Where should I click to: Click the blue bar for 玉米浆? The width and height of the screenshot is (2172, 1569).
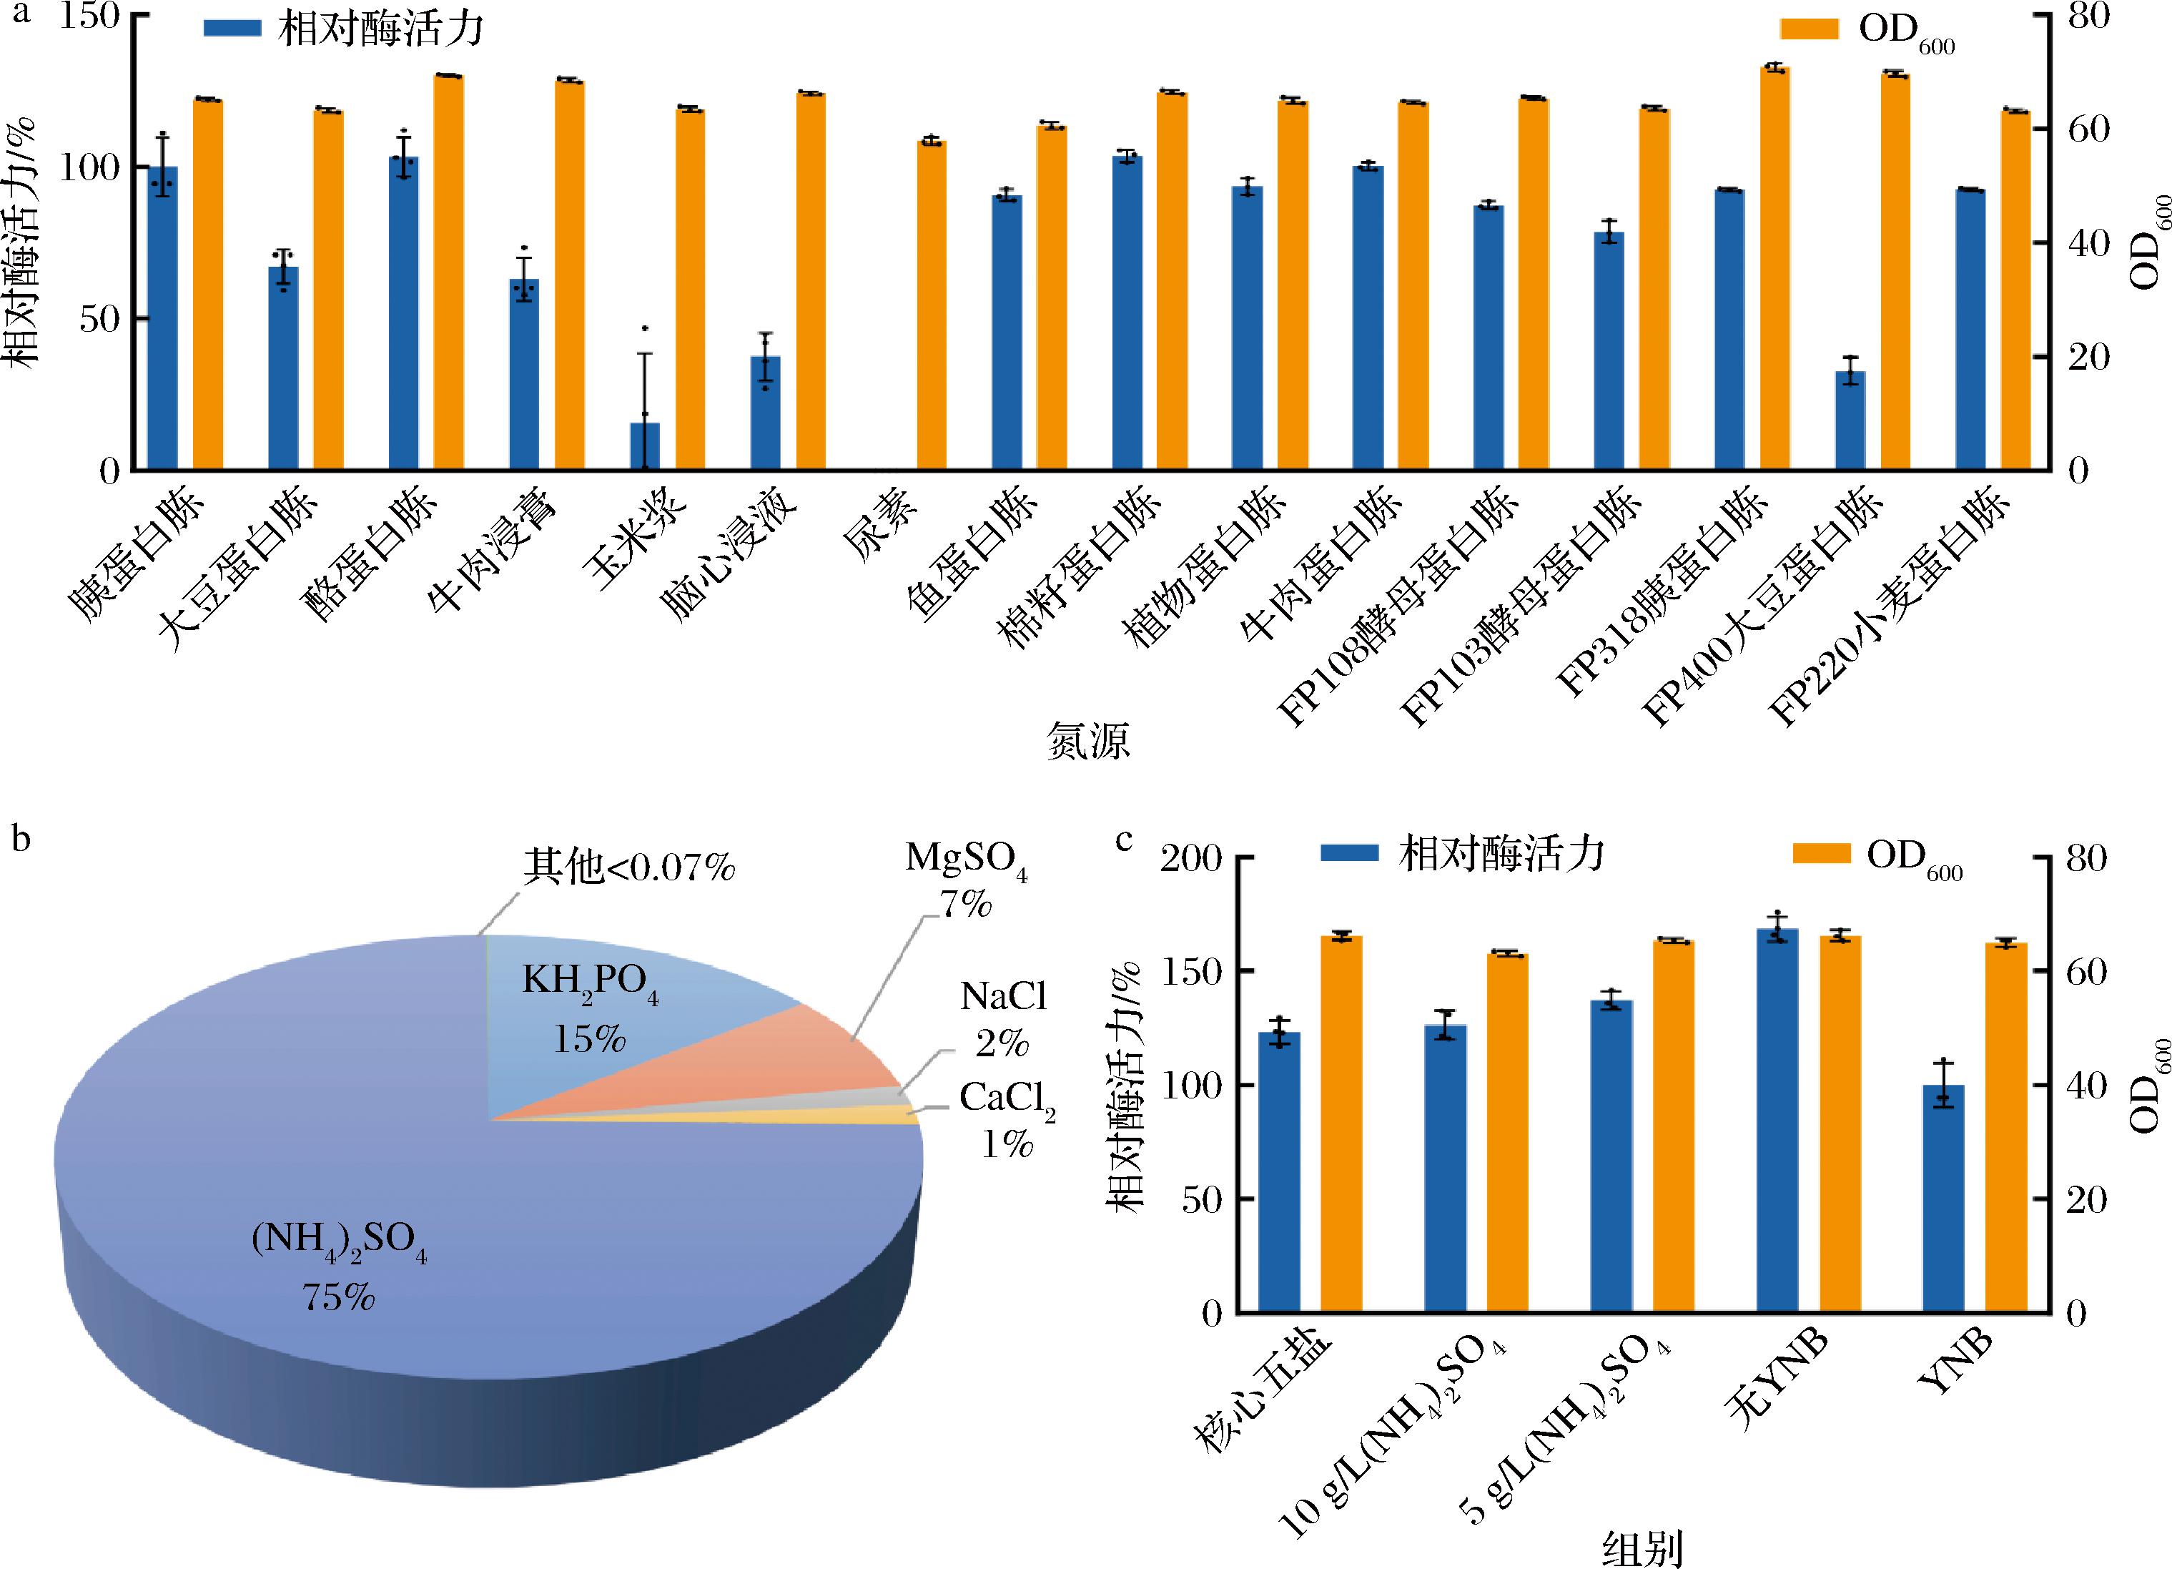click(x=644, y=446)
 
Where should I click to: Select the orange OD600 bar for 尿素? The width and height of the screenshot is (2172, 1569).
click(x=932, y=305)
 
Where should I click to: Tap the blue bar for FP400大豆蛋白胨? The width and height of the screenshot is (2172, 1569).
click(x=1850, y=420)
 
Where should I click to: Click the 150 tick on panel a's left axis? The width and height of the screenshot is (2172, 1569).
click(x=90, y=17)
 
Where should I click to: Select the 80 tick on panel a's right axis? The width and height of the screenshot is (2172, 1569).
click(x=2088, y=17)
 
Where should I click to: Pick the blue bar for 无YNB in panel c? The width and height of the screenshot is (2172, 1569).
click(x=1777, y=1121)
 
